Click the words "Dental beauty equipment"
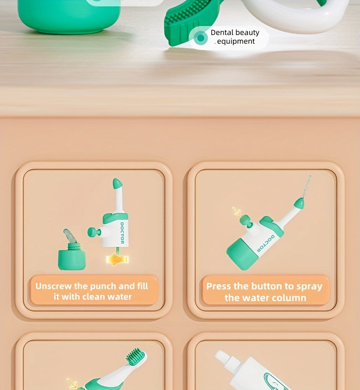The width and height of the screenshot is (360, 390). pyautogui.click(x=235, y=37)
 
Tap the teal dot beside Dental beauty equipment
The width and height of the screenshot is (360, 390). pyautogui.click(x=201, y=38)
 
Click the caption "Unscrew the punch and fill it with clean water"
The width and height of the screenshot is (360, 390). pyautogui.click(x=92, y=291)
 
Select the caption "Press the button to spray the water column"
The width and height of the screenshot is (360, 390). pyautogui.click(x=264, y=292)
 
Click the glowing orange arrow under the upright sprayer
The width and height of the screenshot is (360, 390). pyautogui.click(x=117, y=259)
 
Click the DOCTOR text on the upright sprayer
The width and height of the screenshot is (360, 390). pyautogui.click(x=122, y=233)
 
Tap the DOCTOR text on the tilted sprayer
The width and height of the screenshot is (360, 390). pyautogui.click(x=266, y=243)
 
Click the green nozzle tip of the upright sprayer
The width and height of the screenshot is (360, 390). pyautogui.click(x=117, y=184)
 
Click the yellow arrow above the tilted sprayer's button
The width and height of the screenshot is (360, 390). pyautogui.click(x=237, y=211)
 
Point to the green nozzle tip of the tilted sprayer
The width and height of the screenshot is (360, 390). pyautogui.click(x=299, y=203)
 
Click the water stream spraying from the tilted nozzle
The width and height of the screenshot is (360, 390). pyautogui.click(x=307, y=186)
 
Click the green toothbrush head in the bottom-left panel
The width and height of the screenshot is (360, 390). pyautogui.click(x=135, y=356)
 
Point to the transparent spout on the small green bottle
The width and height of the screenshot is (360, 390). pyautogui.click(x=70, y=236)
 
